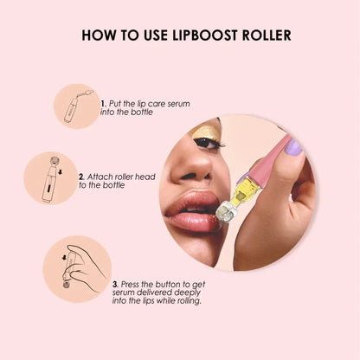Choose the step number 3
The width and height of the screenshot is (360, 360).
pyautogui.click(x=114, y=282)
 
